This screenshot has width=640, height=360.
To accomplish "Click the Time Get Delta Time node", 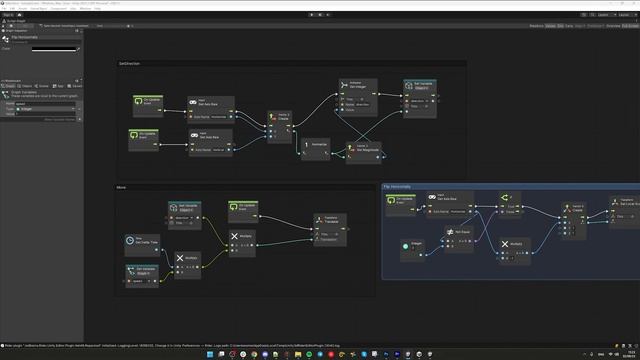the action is click(x=141, y=240).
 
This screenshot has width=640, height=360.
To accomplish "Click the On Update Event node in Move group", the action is click(x=245, y=207).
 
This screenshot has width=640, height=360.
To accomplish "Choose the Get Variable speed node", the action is click(x=141, y=271).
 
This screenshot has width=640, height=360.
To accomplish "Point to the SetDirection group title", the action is click(x=130, y=64).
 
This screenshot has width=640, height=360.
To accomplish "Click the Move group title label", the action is click(x=122, y=187).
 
